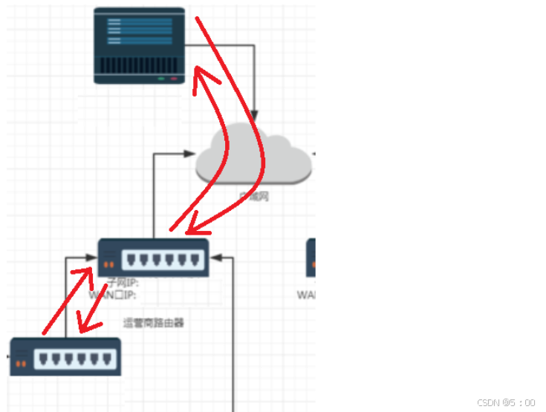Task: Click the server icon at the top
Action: pos(140,45)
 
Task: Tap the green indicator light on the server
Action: pos(160,78)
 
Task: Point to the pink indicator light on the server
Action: pos(174,78)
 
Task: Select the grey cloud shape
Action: pos(253,157)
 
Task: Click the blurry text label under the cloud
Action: pos(253,196)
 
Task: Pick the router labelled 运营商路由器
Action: pos(154,258)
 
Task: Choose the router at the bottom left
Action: pos(65,357)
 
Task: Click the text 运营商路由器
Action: pos(153,323)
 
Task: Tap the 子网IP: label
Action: pos(123,283)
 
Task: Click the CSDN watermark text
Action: pos(505,402)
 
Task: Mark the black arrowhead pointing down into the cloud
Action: pos(253,117)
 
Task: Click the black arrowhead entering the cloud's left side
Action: pos(190,154)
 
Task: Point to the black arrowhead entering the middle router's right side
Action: pos(215,258)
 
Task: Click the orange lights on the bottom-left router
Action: pos(22,364)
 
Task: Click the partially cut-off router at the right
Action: pos(311,258)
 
